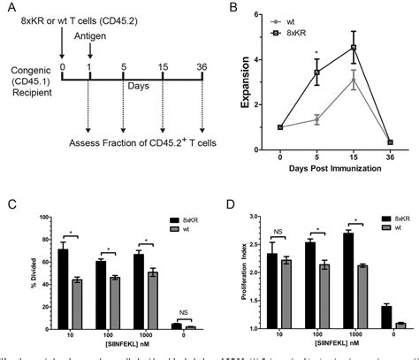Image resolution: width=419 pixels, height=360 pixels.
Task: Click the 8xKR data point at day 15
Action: coord(353,47)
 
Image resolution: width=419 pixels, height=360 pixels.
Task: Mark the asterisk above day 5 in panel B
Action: coord(316,53)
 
